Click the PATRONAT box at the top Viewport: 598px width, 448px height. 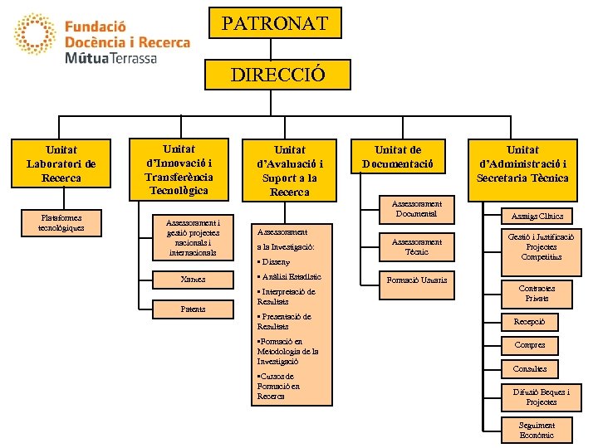(x=274, y=23)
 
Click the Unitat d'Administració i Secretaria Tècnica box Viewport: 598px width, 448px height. (x=522, y=163)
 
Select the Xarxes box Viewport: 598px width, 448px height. (x=193, y=280)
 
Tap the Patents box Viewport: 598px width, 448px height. (x=193, y=309)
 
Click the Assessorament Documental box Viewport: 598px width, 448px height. (x=418, y=209)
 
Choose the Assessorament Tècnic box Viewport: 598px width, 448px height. (x=417, y=246)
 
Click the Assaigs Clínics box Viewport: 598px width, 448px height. (x=537, y=217)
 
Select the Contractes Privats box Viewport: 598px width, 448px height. (x=537, y=294)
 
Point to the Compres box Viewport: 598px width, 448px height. (x=530, y=345)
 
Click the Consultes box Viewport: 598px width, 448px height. (x=530, y=369)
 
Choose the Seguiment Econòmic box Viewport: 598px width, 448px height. (x=537, y=430)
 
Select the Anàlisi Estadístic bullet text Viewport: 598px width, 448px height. (x=290, y=277)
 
